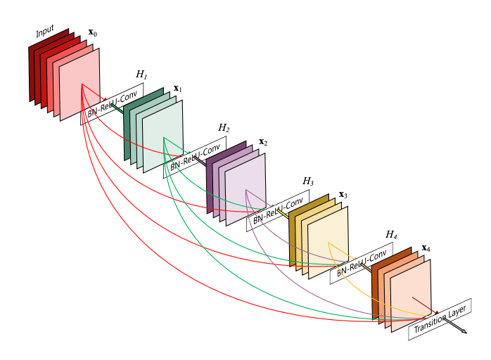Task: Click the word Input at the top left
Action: coord(45,31)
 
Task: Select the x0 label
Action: coord(92,33)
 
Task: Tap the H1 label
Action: coord(141,75)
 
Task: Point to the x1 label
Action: coord(177,89)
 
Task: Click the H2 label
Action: coord(224,128)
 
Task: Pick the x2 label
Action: coord(263,142)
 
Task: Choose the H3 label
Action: coord(308,181)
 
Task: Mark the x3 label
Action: coord(343,195)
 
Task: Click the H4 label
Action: coord(391,235)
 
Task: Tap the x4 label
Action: coord(426,248)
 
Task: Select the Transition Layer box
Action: coord(440,319)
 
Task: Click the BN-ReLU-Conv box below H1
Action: coord(112,103)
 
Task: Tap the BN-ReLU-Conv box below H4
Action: coord(361,264)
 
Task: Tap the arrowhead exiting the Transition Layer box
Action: coord(464,331)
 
